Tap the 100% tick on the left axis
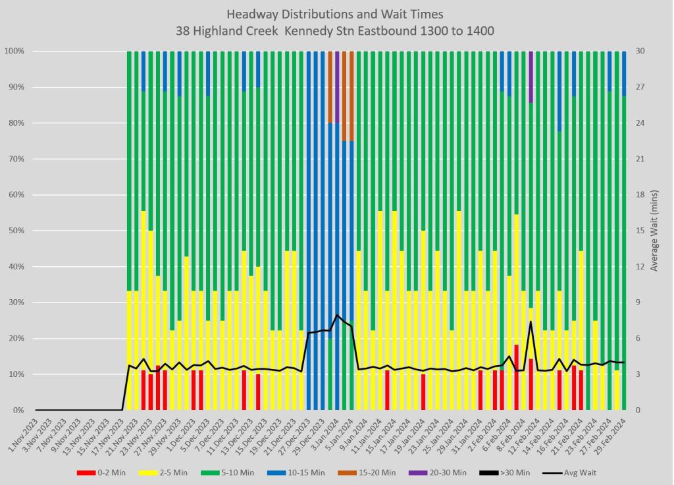14,51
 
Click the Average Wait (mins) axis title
655,231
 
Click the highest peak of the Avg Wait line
531,322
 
